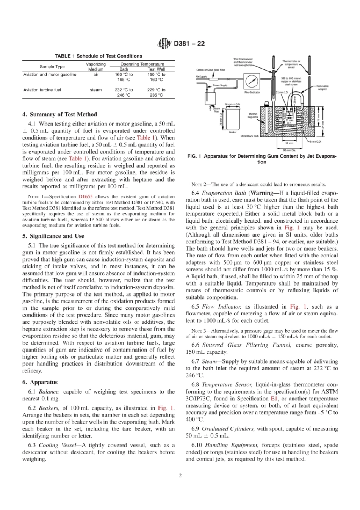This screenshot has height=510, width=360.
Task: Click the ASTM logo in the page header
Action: point(164,44)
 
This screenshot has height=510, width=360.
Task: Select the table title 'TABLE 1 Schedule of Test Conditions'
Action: point(99,56)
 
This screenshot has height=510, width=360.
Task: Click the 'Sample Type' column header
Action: point(52,67)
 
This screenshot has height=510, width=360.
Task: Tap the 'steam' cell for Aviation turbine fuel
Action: point(95,90)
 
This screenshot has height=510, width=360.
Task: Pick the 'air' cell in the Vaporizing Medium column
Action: point(95,75)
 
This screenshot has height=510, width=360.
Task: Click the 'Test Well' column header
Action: point(156,69)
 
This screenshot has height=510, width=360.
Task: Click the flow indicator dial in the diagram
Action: point(251,80)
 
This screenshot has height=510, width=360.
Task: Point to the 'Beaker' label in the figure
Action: point(233,132)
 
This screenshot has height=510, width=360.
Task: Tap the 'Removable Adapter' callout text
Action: point(322,88)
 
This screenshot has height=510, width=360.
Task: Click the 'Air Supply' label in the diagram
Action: point(201,77)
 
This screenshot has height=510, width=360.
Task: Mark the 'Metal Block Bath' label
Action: point(250,136)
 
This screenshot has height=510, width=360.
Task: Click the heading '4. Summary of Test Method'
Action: point(59,115)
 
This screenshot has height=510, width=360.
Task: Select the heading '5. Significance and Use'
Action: point(53,236)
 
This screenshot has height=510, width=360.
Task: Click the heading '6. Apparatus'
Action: point(40,382)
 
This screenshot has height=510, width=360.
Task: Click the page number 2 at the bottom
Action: point(180,475)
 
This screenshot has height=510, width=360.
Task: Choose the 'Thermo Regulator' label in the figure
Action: point(253,115)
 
